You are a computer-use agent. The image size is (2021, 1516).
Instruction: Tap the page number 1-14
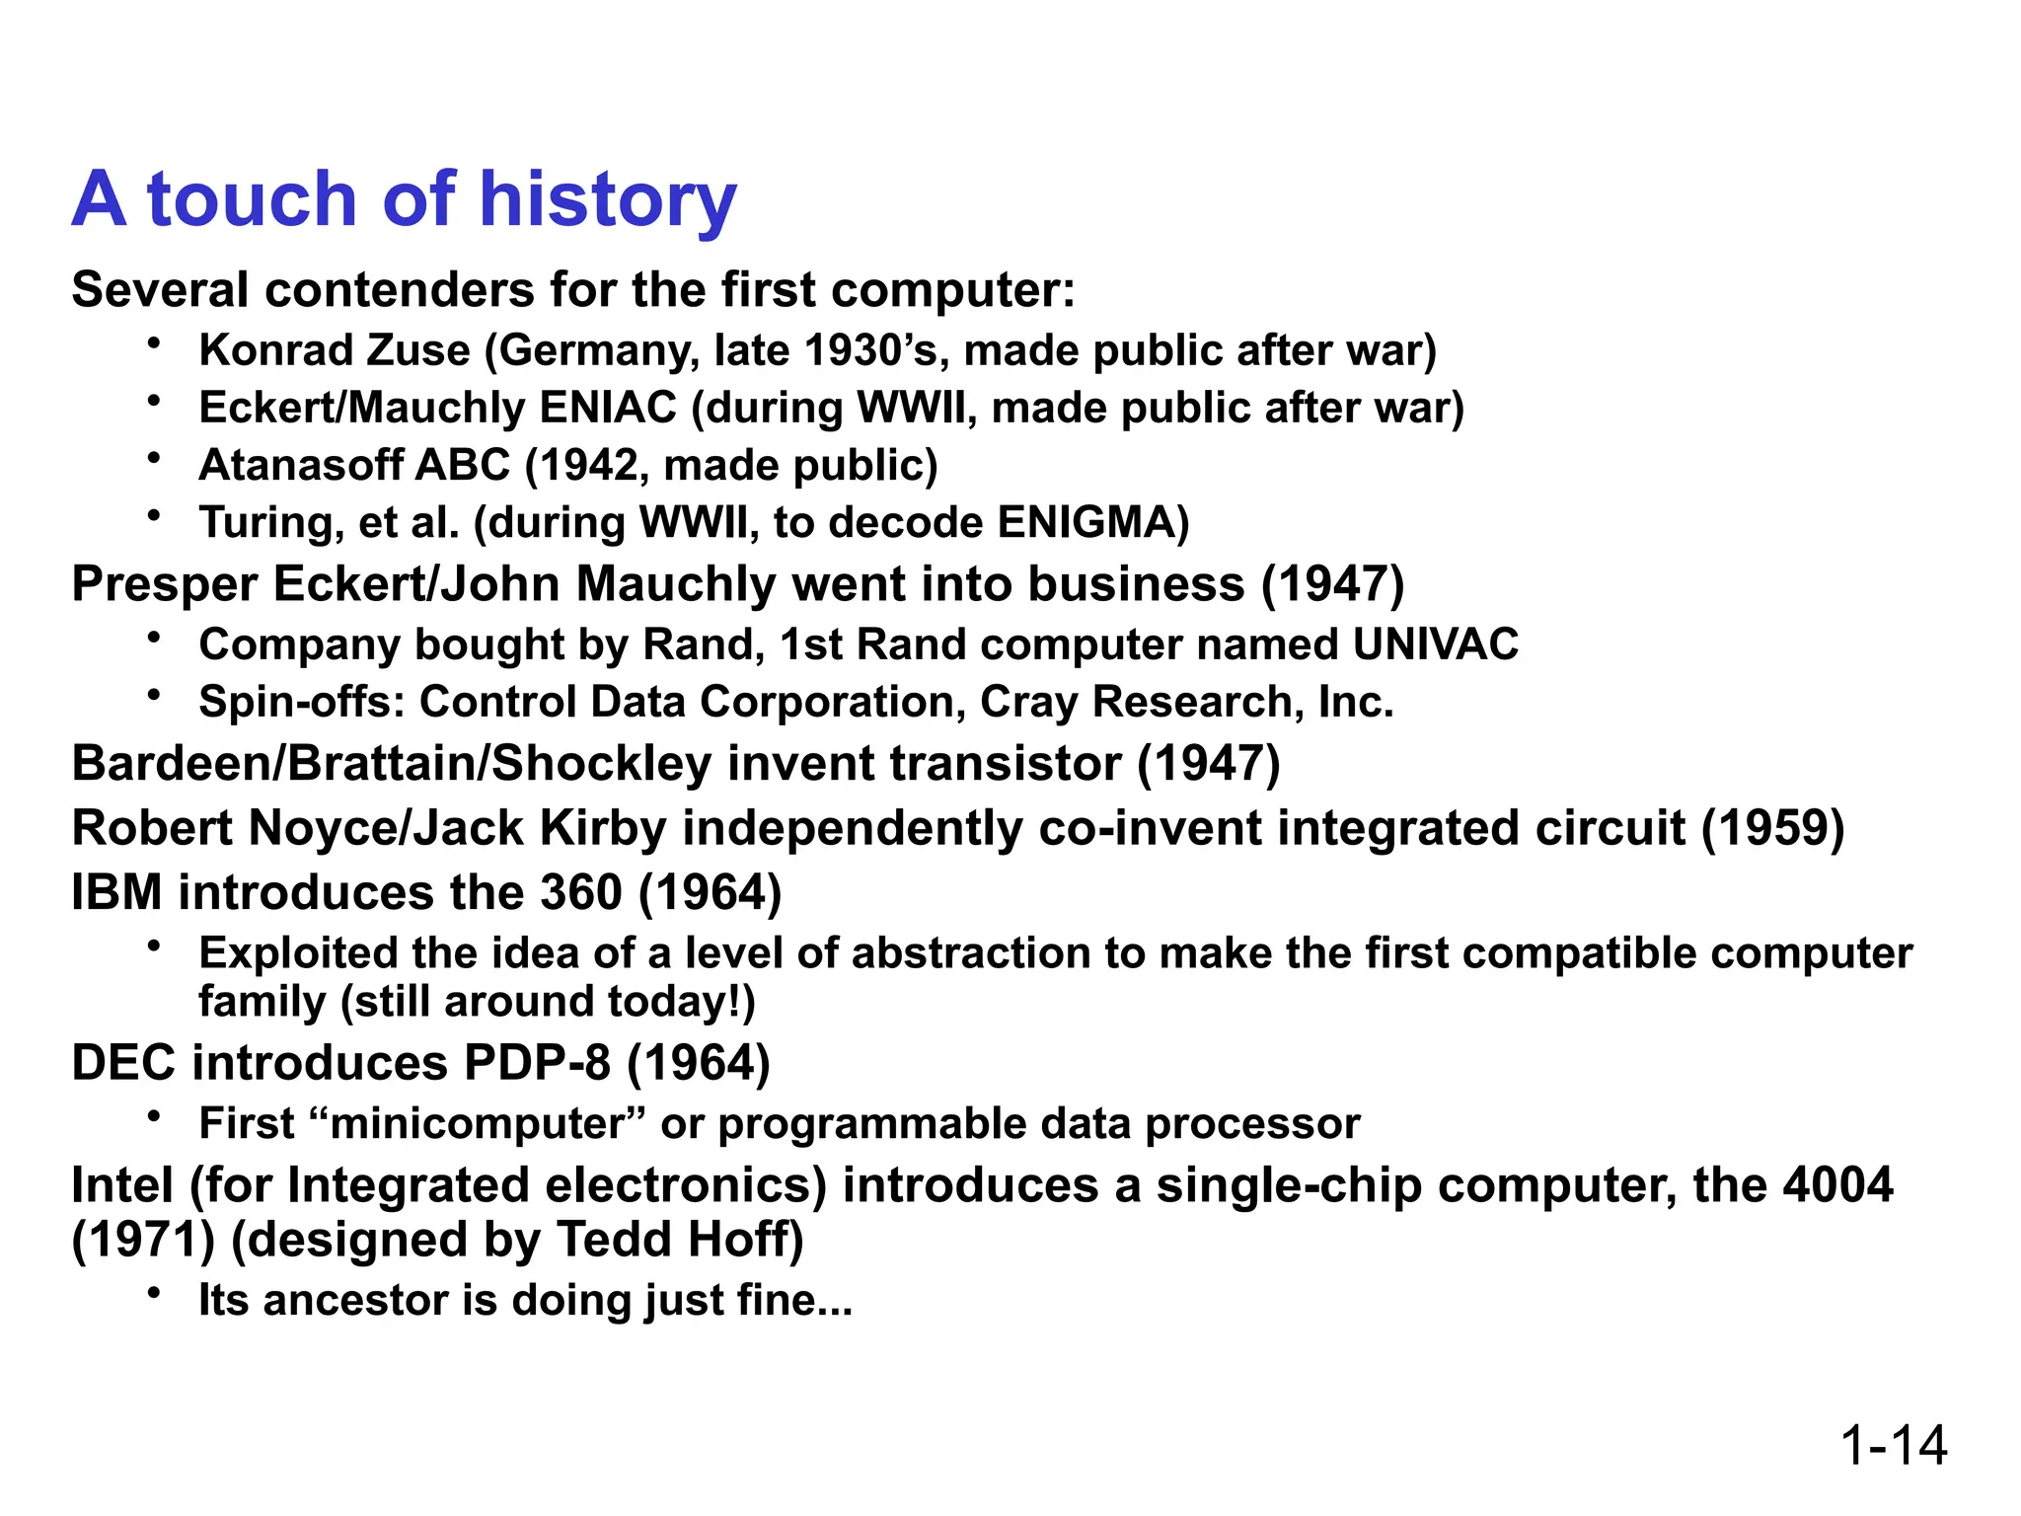coord(1893,1445)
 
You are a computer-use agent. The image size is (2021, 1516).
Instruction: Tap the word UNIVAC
coord(1435,644)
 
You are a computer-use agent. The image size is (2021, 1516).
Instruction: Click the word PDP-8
coord(537,1063)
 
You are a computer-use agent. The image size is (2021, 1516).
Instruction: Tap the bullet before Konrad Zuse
coord(154,342)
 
